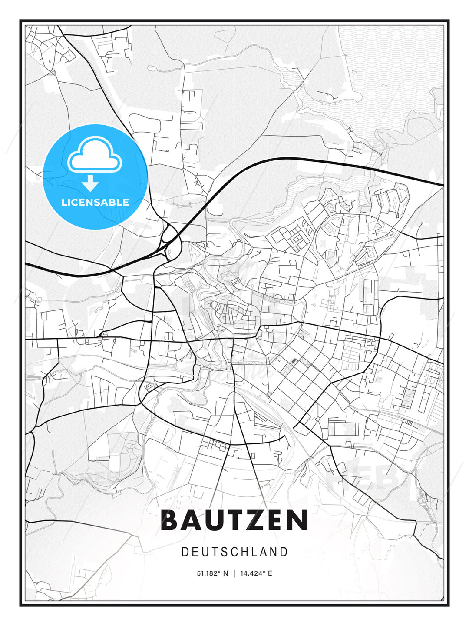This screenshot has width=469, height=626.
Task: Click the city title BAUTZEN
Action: point(234,520)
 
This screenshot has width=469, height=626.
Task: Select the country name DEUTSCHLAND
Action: point(234,552)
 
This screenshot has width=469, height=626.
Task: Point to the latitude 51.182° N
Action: point(212,573)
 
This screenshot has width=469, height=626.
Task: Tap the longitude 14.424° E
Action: point(256,573)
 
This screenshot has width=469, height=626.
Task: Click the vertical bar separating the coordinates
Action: point(234,573)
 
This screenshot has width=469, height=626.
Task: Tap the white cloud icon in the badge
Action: point(95,155)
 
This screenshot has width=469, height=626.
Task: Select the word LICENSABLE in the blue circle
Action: point(95,202)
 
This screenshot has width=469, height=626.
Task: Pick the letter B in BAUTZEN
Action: point(170,520)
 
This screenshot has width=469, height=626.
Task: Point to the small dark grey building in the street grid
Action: point(295,360)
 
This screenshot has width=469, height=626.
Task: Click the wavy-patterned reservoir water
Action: point(391,57)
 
